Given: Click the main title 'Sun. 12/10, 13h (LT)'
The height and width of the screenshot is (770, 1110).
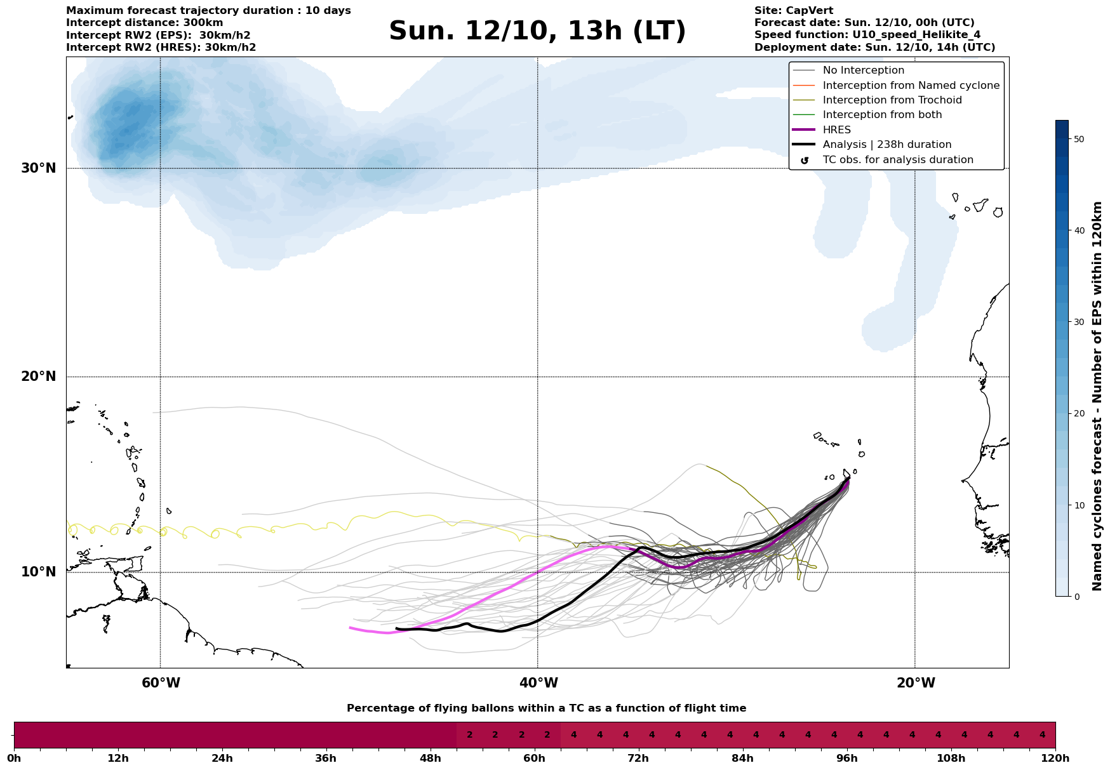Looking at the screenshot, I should (537, 31).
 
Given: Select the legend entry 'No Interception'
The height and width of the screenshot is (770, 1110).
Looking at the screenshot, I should (863, 70).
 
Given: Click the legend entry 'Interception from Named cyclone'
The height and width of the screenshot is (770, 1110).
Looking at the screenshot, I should (911, 86).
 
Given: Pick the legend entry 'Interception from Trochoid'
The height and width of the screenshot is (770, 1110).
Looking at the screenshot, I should (892, 100).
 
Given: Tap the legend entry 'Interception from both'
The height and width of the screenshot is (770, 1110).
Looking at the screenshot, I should (882, 115).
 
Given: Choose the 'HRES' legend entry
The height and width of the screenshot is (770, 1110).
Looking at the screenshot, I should (836, 130).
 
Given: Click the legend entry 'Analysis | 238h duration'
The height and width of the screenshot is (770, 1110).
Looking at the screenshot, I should (886, 145).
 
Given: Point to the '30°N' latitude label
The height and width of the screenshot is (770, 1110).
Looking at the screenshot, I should (39, 168).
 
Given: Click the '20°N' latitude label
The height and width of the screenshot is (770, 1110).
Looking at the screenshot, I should (39, 376).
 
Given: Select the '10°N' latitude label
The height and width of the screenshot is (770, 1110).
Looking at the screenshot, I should (39, 572).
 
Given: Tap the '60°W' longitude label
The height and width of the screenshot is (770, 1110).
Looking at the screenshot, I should (161, 683).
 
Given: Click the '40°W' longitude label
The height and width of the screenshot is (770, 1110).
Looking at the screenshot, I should (538, 683).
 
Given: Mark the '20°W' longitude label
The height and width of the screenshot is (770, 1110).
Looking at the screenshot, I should (916, 683).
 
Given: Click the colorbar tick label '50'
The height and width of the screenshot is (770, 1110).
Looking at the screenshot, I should (1079, 139).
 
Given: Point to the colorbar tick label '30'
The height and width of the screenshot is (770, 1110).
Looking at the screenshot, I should (1079, 322).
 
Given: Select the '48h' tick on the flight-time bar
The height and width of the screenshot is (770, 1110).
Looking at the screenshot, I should (430, 759).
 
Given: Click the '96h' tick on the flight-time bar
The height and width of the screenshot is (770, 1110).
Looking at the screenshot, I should (846, 759).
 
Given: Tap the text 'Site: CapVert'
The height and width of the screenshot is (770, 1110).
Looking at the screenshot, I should (793, 11).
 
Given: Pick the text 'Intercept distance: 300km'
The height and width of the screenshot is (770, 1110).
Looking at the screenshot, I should (144, 23).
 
